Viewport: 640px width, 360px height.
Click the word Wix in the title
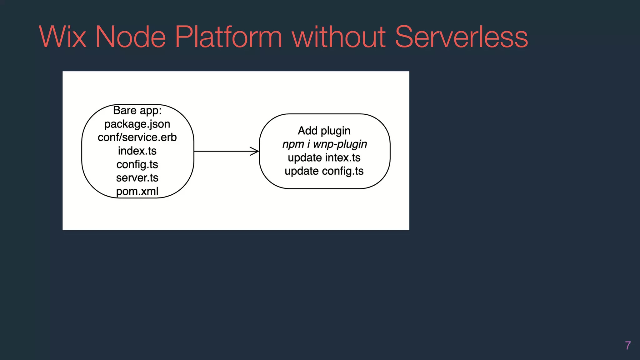pos(62,37)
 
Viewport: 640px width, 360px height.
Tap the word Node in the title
pos(130,37)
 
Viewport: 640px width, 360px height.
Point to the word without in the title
pos(339,37)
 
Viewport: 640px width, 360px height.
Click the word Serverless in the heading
pos(461,37)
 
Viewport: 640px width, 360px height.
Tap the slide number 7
pos(628,346)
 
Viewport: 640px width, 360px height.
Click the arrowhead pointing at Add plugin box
pos(255,151)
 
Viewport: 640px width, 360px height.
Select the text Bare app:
pos(137,110)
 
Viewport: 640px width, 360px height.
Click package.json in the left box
pos(137,124)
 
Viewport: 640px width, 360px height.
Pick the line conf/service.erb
pos(137,137)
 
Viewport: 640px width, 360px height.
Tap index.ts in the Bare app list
pos(137,151)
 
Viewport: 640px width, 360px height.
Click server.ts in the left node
pos(137,178)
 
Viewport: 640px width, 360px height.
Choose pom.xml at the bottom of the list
pos(137,191)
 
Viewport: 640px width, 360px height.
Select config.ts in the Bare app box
pos(137,164)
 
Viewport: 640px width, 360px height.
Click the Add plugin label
pos(324,131)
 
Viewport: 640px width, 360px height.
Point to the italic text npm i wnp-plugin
pos(324,144)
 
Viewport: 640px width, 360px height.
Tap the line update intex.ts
pos(324,157)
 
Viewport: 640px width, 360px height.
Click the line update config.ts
pos(324,171)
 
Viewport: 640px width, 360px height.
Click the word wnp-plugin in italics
pos(340,144)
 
